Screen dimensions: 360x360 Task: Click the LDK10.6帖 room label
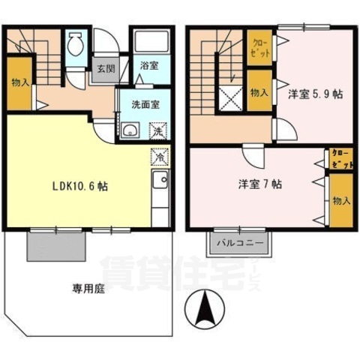[78, 186]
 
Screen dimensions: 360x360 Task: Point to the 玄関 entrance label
[104, 70]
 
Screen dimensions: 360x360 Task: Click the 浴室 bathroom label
[148, 66]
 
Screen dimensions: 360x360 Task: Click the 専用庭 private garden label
[88, 288]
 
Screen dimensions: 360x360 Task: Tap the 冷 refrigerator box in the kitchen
[160, 157]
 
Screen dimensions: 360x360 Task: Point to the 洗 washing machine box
[158, 131]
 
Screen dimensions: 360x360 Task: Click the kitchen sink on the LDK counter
[159, 181]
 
